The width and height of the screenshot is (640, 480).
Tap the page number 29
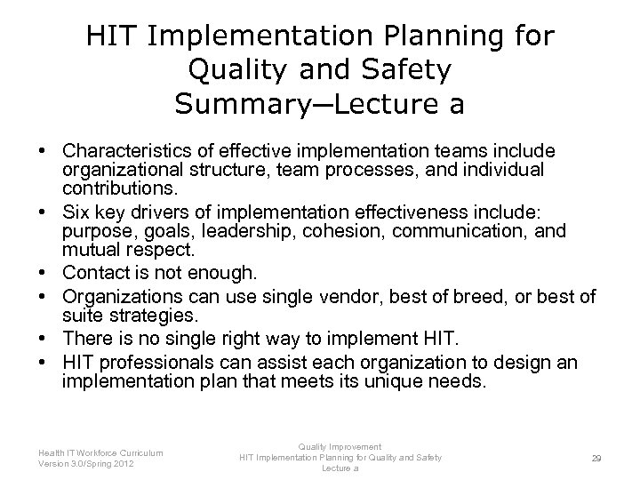[x=596, y=459]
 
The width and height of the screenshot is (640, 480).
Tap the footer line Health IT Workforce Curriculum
[x=100, y=453]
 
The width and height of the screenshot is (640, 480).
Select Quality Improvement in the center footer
[x=340, y=447]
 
